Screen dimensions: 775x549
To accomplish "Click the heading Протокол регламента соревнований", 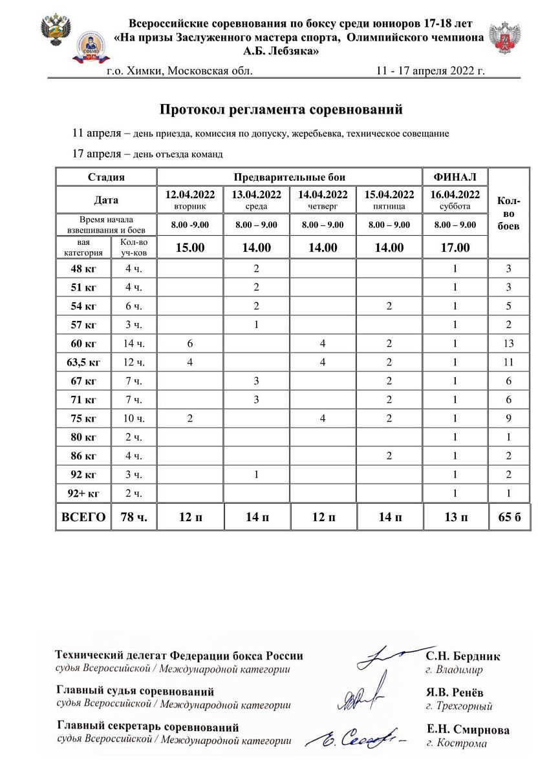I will coord(281,110).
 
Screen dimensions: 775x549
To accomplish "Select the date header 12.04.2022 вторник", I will coord(190,199).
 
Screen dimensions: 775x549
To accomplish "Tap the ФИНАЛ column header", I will coord(455,177).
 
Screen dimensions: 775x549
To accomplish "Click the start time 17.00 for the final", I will coord(455,247).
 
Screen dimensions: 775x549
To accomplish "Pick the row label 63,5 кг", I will coord(83,362).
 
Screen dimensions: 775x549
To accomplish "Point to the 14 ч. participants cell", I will coord(133,344).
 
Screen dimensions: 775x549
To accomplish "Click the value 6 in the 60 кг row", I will coord(190,344).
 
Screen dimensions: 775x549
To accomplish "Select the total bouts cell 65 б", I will coord(508,517).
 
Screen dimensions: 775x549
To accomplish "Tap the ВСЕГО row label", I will coord(83,517).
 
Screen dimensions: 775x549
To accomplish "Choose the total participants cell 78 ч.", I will coord(133,517).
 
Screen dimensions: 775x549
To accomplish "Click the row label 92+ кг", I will coord(83,493).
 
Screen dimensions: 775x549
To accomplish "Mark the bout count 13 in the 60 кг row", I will coord(508,344).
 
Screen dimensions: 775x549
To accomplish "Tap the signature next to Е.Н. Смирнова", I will coord(356,736).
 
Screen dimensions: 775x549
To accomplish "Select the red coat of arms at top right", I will coord(504,38).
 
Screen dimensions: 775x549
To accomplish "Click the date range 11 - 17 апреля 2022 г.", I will coord(430,71).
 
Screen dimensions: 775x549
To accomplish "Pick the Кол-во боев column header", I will coord(508,213).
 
